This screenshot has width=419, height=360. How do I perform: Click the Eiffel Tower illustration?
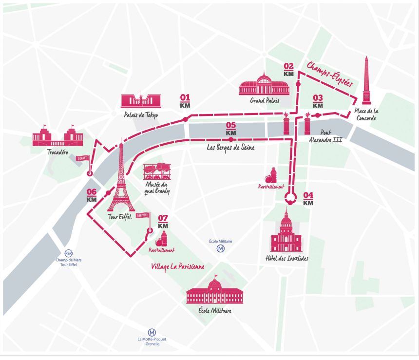(x=120, y=178)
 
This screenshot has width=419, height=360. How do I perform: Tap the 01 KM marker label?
(x=185, y=100)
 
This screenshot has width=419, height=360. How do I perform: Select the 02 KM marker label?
(x=288, y=70)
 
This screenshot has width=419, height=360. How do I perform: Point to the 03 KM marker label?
(x=318, y=101)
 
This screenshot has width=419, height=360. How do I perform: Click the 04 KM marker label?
(x=308, y=199)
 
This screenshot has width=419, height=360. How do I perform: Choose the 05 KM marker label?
(x=231, y=129)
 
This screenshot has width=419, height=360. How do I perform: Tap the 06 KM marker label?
(x=92, y=195)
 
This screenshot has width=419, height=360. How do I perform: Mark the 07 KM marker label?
(x=163, y=222)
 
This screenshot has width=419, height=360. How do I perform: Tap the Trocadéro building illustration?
(x=57, y=136)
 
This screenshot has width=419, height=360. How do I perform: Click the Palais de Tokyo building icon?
(x=140, y=100)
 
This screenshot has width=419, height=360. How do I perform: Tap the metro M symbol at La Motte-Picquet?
(x=145, y=332)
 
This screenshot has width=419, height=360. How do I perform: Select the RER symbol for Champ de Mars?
(x=68, y=253)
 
